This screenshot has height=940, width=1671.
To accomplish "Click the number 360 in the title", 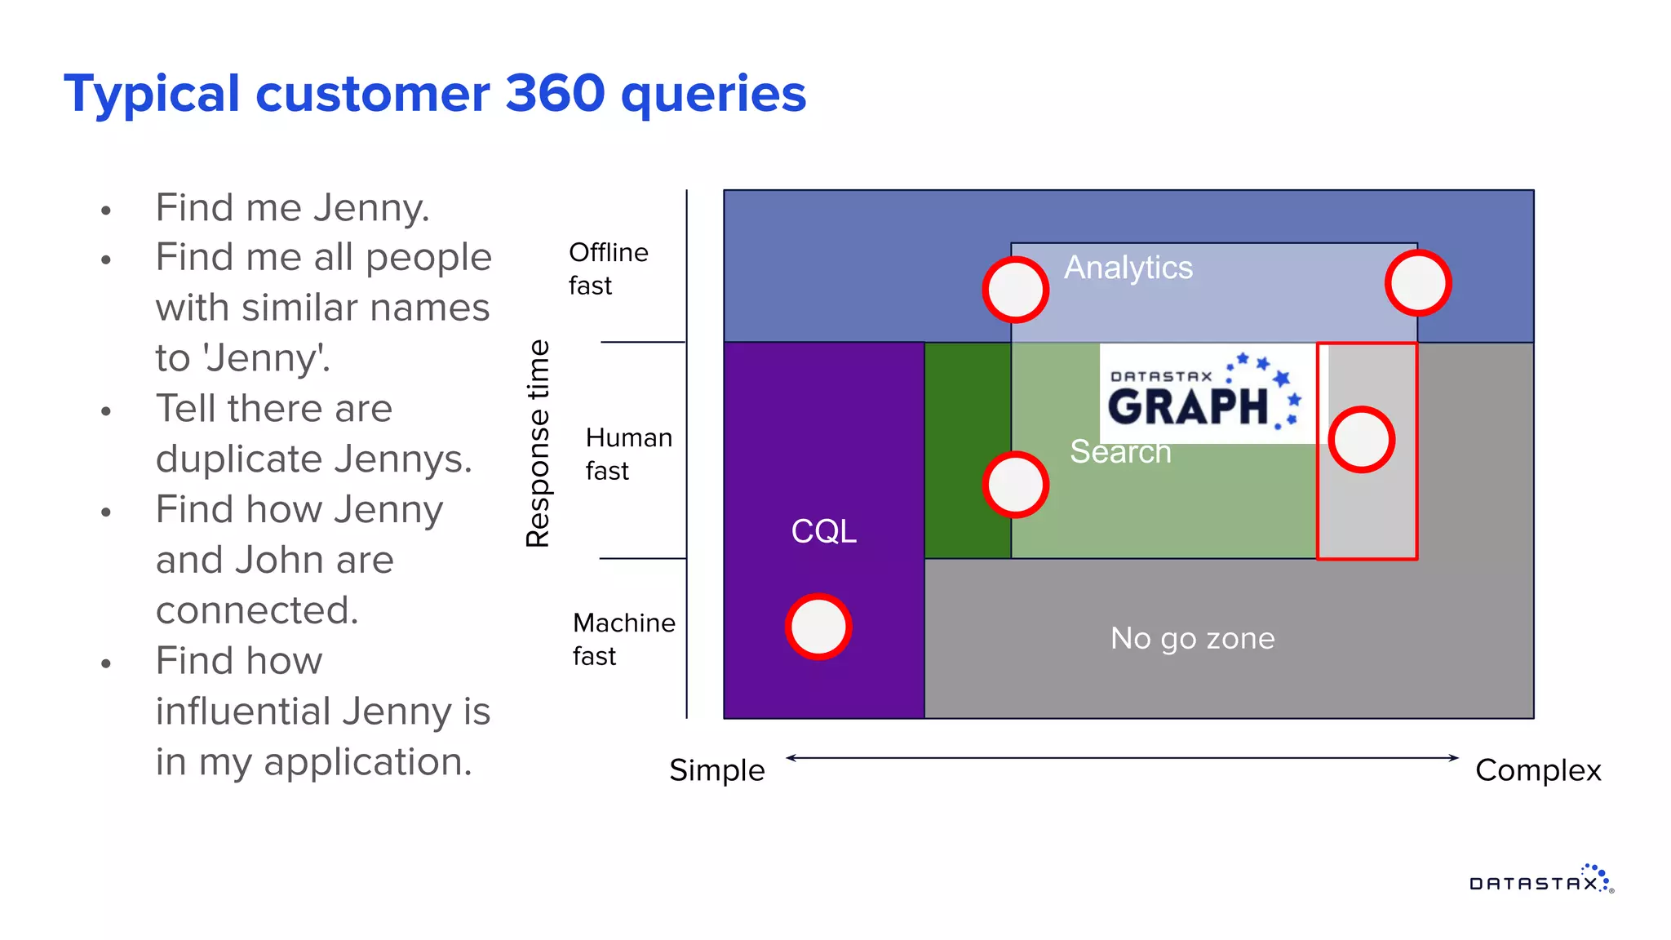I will click(555, 94).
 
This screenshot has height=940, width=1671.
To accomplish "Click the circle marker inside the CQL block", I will click(818, 627).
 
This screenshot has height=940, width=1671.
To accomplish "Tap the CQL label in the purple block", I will click(824, 531).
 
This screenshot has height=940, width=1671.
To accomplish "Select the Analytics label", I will click(1128, 268).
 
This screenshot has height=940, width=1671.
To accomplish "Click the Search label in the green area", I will click(1120, 452).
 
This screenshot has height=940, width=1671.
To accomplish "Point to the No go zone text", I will click(1192, 638).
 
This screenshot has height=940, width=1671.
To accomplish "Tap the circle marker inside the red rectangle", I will click(1362, 440).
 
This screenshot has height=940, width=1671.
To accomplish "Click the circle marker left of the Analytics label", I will click(1015, 290).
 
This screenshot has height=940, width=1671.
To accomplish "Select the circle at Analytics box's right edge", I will click(1418, 283).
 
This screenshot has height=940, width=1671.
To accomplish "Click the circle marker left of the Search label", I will click(1015, 485).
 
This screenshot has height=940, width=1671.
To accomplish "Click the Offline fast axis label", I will click(608, 269).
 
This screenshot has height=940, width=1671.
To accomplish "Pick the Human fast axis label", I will click(628, 454).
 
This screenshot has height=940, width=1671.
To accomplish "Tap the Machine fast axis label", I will click(623, 639).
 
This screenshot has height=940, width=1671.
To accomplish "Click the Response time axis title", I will click(539, 443).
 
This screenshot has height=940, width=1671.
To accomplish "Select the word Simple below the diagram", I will click(716, 770).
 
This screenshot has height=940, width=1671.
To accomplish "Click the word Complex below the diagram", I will click(1538, 770).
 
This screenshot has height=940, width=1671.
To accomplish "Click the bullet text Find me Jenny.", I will click(292, 207).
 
